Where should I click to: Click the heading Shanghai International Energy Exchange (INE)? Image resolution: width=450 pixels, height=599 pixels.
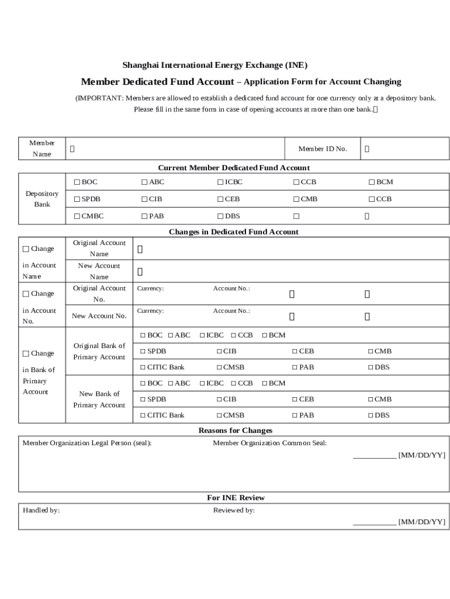click(x=214, y=65)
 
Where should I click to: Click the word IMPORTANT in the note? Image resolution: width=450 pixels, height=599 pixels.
click(x=100, y=98)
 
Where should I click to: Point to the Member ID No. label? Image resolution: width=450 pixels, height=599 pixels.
click(x=323, y=149)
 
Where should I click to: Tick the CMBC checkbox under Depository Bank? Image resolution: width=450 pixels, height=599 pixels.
click(x=77, y=216)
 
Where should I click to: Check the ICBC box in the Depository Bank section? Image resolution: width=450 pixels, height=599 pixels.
click(x=220, y=183)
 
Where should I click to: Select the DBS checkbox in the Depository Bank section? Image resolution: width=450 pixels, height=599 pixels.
click(x=220, y=216)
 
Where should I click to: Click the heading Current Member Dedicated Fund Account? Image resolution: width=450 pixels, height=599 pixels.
click(x=234, y=168)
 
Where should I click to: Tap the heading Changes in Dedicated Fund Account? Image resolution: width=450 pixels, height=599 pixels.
click(x=233, y=232)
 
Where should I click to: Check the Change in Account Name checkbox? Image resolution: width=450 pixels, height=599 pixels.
click(x=26, y=249)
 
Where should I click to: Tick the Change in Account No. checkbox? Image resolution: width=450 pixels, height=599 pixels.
click(x=26, y=294)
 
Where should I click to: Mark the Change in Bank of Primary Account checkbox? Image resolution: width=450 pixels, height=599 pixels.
click(x=26, y=354)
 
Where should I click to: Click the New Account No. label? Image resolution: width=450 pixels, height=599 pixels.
click(x=99, y=316)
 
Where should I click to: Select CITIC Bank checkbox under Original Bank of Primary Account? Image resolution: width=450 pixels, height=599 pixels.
click(x=143, y=367)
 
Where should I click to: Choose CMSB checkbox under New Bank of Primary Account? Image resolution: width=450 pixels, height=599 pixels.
click(x=219, y=415)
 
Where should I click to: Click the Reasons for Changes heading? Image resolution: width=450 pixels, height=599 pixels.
click(x=235, y=431)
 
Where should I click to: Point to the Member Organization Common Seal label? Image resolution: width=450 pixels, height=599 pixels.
click(x=269, y=443)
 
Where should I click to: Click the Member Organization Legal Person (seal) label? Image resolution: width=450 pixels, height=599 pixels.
click(x=86, y=443)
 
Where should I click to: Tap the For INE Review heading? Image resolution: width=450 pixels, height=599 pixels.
click(x=236, y=498)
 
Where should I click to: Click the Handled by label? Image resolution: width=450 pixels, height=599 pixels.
click(x=41, y=511)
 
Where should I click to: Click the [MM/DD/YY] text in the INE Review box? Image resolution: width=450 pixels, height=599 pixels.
click(x=421, y=522)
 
